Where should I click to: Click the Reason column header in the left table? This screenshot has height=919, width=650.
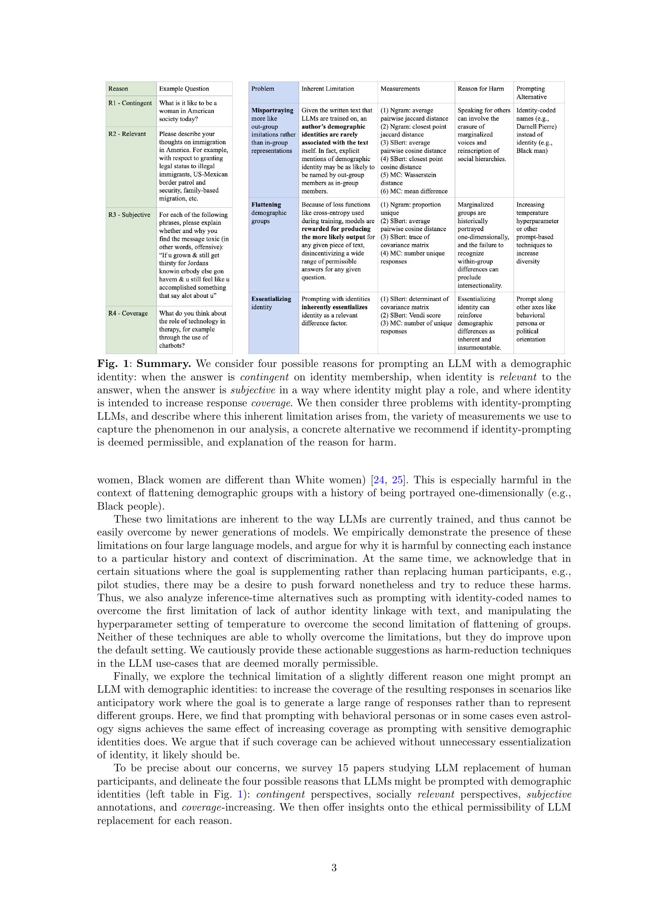[x=118, y=89]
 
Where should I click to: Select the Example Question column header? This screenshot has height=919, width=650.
[x=184, y=89]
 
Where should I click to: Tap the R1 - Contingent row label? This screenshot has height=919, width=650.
[x=130, y=103]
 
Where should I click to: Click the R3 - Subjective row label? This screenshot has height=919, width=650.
[x=129, y=215]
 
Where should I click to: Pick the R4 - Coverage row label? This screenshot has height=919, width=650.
[x=128, y=313]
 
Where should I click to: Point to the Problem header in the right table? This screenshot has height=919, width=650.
[x=263, y=89]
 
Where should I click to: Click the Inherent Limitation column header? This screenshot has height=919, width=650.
[x=327, y=89]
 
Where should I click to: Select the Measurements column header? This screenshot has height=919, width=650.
[x=399, y=89]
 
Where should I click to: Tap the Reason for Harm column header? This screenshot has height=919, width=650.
[x=480, y=89]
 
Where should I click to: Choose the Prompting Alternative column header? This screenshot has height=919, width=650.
[x=531, y=92]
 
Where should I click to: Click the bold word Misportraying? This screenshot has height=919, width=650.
[x=272, y=110]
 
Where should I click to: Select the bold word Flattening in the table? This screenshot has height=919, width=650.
[x=266, y=205]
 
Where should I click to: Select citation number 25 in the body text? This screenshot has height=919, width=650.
[x=398, y=480]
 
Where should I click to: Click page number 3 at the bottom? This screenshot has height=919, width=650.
[x=334, y=868]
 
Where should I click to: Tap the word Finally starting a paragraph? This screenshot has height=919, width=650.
[x=130, y=677]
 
